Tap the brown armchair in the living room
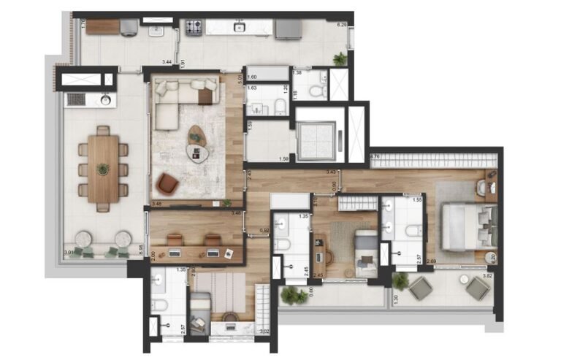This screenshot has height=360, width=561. [x=167, y=184]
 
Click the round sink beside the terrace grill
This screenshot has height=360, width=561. [x=105, y=100]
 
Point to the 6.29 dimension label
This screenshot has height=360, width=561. [x=341, y=25]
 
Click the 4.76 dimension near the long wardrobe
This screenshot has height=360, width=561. [x=375, y=156]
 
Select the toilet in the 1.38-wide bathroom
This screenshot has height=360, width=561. [x=316, y=91]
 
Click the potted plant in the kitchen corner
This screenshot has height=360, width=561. [x=340, y=58]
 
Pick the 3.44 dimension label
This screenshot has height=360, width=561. [x=167, y=63]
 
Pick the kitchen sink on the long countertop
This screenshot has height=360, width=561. [x=238, y=28]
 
